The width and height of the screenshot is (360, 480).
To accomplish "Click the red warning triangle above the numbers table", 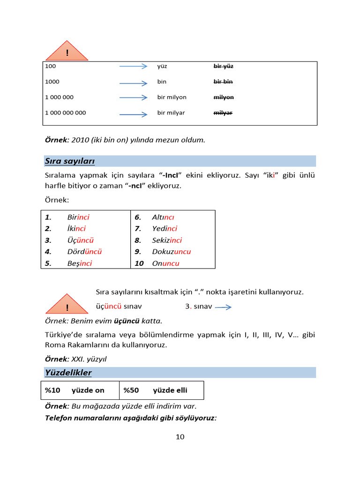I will pos(67,52).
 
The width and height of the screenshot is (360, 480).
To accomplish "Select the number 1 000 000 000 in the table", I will pos(66,112).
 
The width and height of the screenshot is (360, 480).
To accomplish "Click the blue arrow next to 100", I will pos(133,67).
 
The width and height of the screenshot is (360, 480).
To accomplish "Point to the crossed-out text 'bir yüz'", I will pos(223,66).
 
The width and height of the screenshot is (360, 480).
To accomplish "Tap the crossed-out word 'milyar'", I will pos(223,112).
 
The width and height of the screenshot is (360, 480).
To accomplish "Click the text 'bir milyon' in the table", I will pos(172,97).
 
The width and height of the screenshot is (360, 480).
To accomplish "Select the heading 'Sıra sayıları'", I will pos(70,161).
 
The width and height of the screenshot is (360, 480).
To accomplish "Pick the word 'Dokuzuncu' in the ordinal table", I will pos(171,252).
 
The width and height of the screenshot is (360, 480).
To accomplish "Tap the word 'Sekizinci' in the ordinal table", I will pos(167,240).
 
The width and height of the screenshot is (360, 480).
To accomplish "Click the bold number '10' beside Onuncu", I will pos(139,263).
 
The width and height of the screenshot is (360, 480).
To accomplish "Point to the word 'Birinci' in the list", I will pos(78,217).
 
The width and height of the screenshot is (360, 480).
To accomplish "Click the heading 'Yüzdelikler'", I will pos(68,373).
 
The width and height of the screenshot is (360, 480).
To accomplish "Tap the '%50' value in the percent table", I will pos(131,390).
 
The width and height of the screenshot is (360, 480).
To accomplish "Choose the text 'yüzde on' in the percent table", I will pos(88,390).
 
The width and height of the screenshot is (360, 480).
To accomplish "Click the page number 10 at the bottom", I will pos(180,437).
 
